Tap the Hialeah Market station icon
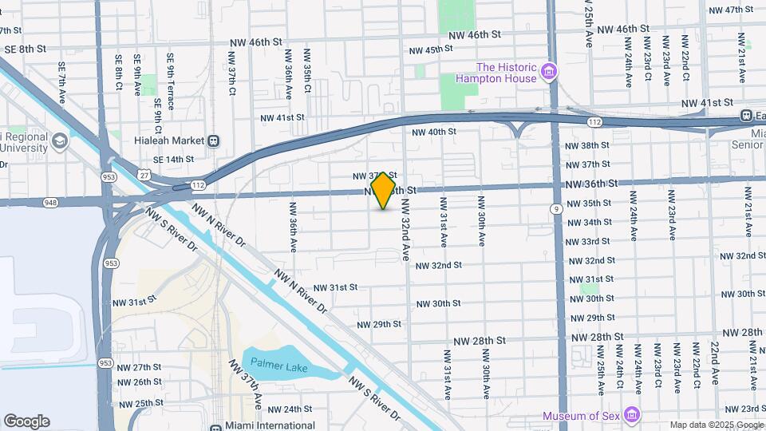tap(214, 140)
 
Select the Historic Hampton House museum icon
tap(548, 73)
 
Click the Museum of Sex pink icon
tap(633, 415)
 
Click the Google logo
tap(26, 421)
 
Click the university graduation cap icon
tap(59, 142)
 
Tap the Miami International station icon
tap(215, 426)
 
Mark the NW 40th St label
tap(433, 132)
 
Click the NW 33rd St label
tap(588, 242)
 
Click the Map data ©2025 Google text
tap(716, 425)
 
